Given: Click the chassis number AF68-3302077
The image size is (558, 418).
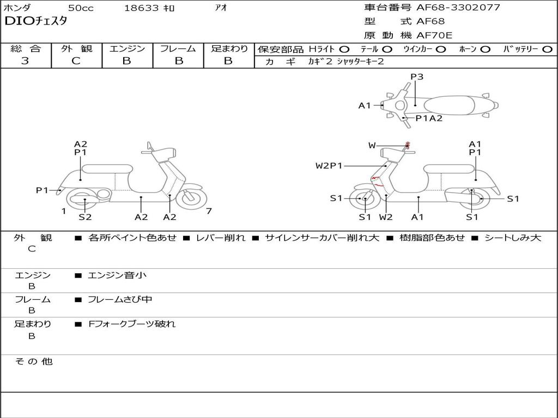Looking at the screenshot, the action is click(458, 7).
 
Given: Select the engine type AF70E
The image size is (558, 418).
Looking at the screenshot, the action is click(434, 35).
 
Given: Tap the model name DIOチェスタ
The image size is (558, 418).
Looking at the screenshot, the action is click(35, 21).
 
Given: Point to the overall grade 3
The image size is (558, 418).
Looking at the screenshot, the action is click(25, 61).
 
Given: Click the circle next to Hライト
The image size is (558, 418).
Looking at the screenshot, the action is click(344, 50).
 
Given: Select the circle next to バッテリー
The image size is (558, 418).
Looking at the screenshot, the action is click(547, 50).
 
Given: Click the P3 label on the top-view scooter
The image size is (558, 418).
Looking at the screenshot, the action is click(417, 76).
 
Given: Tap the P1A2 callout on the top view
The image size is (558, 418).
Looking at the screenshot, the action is click(429, 118).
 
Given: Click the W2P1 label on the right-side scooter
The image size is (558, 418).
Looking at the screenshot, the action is click(329, 165).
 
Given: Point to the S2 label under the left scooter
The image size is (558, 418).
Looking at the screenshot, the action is click(85, 217).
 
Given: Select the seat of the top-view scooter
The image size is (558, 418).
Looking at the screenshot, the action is click(449, 106).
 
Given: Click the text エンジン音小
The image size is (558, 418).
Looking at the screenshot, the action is click(117, 275).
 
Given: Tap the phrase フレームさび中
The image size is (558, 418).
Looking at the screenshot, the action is click(120, 299).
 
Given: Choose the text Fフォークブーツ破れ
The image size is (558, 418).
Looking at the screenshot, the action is click(132, 324).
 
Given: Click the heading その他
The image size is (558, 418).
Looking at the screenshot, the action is click(34, 361).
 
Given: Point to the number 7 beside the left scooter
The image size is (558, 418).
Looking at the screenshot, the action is click(209, 211).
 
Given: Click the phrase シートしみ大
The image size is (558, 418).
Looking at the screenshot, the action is click(512, 237).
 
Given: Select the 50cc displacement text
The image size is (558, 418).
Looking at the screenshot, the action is click(81, 8).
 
